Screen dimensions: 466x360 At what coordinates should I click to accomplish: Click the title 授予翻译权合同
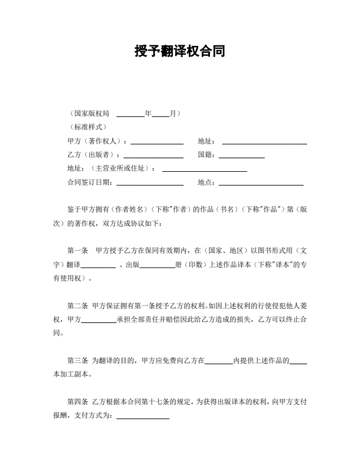(179, 51)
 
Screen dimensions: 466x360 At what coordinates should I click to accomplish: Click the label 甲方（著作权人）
(95, 142)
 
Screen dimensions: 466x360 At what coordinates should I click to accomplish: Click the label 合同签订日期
(89, 183)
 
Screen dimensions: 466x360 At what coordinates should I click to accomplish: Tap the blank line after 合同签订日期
(150, 184)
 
